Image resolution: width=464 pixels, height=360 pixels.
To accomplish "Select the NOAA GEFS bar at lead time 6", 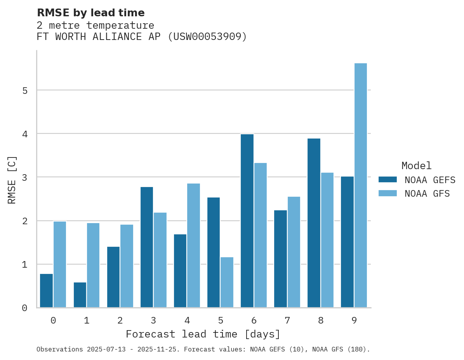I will point(247,221).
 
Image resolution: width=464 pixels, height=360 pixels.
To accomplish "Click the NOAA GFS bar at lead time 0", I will point(60,265).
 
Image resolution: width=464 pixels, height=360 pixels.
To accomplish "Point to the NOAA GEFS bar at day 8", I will point(314,223).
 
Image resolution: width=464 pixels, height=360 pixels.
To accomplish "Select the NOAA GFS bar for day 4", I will point(193,246).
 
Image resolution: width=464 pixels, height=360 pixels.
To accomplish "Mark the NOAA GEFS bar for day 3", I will point(147,247).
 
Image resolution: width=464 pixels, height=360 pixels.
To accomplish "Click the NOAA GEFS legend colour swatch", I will point(388,180).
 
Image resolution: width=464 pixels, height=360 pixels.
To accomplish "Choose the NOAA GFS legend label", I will point(427,194).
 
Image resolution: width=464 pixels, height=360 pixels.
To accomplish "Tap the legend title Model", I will point(416,166).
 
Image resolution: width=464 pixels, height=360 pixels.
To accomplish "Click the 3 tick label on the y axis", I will point(25,178).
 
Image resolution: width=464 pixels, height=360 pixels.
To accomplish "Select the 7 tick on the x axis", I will point(287,320).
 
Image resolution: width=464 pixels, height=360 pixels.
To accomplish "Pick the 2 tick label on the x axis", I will point(120,320).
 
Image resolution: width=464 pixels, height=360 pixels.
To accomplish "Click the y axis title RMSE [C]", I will point(12,179).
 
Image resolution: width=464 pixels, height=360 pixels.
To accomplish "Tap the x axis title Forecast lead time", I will point(203,334).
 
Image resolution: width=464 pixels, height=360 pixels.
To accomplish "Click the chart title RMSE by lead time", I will point(91,13).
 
